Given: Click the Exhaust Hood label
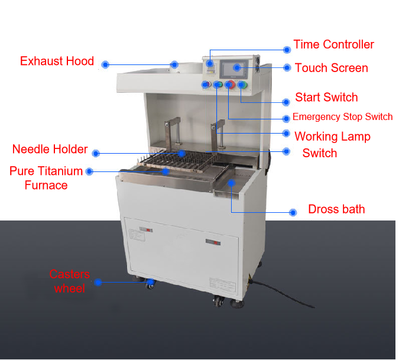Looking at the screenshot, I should click(x=57, y=61).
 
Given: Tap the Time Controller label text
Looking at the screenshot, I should click(x=333, y=44).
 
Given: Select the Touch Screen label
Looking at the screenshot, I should click(x=331, y=68).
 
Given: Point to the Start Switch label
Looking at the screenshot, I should click(x=326, y=98).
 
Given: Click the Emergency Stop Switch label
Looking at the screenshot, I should click(x=342, y=117).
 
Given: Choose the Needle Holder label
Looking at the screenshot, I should click(x=50, y=149).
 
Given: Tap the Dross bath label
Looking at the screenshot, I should click(x=336, y=209).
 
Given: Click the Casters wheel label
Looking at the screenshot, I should click(x=70, y=281).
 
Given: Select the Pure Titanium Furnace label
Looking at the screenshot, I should click(x=46, y=178).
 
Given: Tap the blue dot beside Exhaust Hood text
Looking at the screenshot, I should click(x=105, y=64).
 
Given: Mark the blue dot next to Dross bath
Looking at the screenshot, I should click(x=293, y=212).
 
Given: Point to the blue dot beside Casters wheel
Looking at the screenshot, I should click(x=98, y=283).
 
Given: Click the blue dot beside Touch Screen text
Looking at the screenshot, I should click(x=287, y=68).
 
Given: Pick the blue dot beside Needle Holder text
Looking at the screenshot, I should click(x=96, y=153).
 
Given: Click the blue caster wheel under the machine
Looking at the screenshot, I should click(x=151, y=285).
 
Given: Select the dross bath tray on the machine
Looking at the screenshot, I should click(x=232, y=187).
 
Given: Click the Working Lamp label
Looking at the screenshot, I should click(x=332, y=137).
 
